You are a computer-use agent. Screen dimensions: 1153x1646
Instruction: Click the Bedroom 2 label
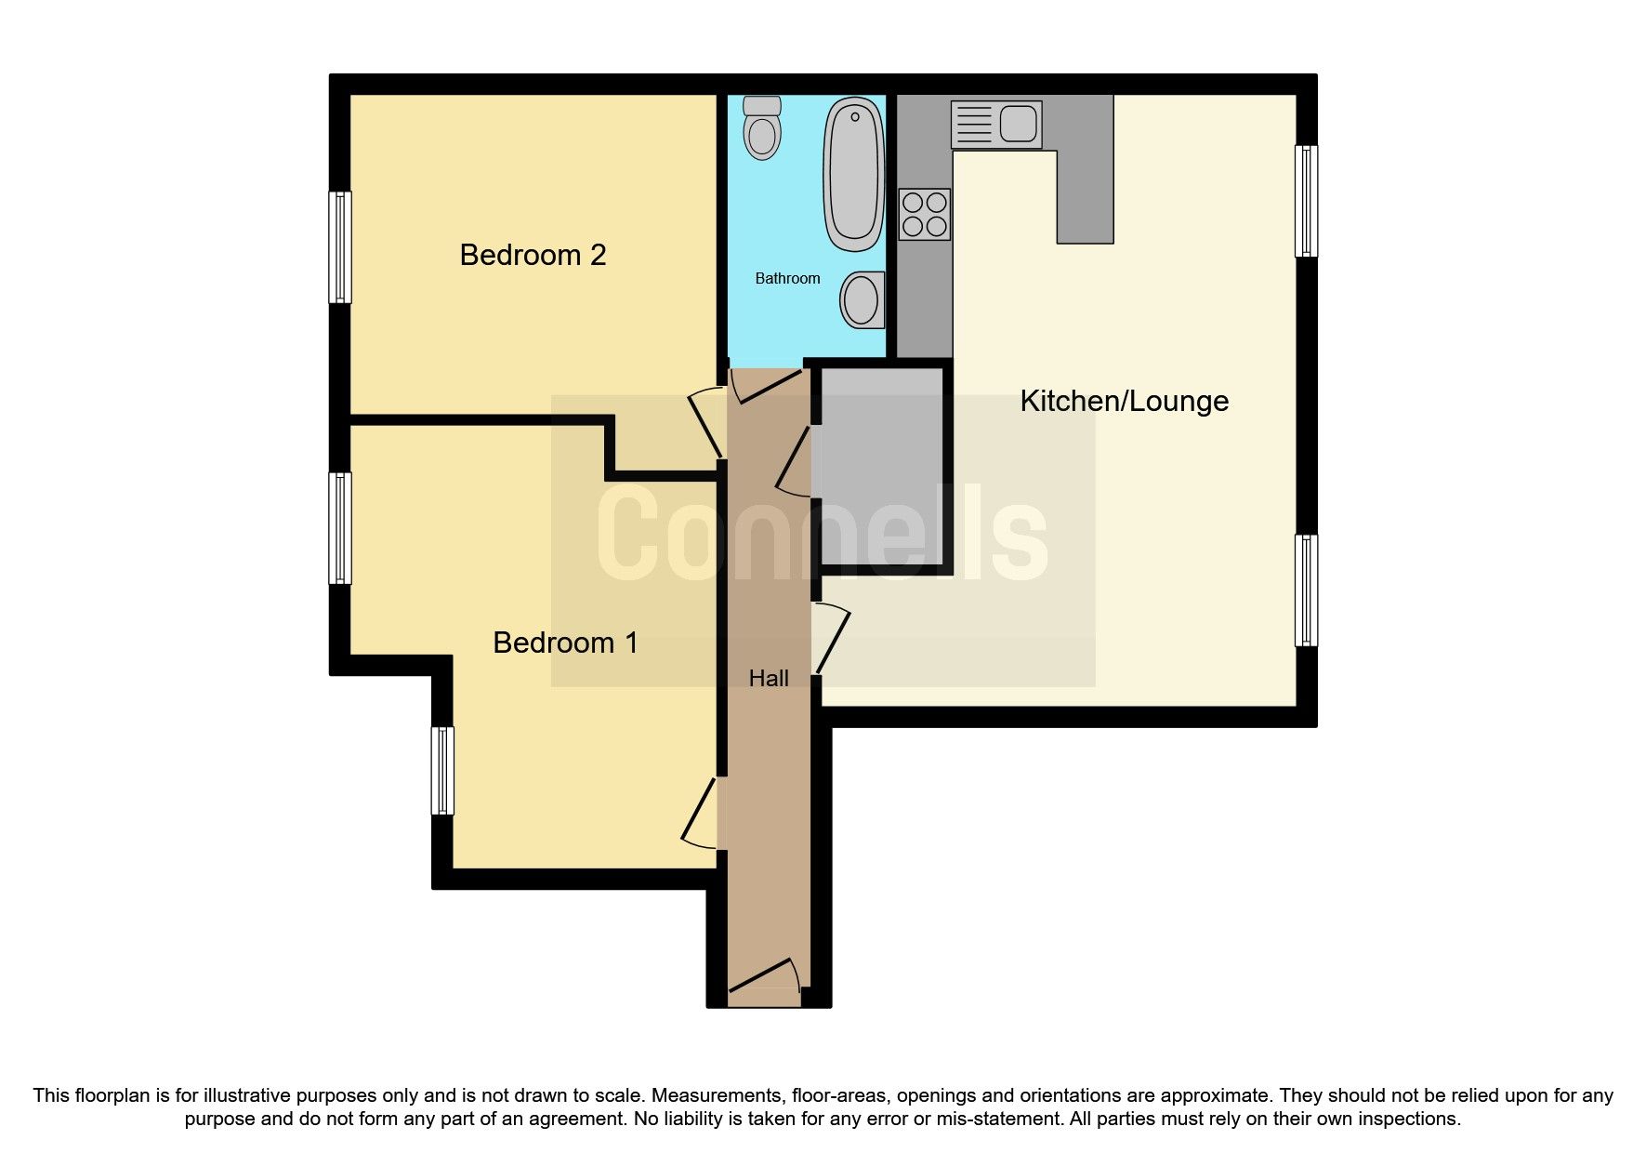(533, 255)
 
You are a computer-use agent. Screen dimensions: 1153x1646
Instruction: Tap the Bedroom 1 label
(565, 643)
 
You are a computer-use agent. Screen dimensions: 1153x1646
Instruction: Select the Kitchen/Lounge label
(1124, 401)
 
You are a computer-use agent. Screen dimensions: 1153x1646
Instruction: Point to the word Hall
(769, 679)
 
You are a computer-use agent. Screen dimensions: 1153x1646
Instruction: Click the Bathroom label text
(787, 278)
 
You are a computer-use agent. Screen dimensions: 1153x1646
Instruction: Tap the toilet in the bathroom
(762, 127)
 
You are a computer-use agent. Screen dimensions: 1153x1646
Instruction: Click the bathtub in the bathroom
(852, 174)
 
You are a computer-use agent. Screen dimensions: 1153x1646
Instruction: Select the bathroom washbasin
(863, 299)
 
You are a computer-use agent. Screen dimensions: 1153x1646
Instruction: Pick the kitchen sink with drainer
(995, 124)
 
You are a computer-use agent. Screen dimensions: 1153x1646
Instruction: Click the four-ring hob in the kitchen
(925, 214)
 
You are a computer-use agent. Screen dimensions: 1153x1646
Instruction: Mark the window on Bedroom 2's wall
(341, 247)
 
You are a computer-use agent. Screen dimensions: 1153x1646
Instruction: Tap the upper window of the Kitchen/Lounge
(1306, 201)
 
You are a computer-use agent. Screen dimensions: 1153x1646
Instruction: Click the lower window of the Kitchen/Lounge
(1306, 590)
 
